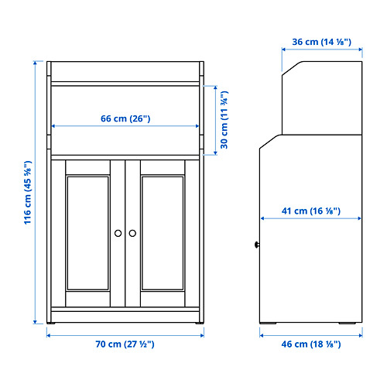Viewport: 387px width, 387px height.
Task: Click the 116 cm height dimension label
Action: click(x=29, y=192)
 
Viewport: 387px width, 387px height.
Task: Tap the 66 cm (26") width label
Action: click(x=125, y=118)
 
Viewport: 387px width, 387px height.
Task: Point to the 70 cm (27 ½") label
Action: click(x=125, y=346)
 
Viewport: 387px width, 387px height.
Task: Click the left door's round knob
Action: click(x=118, y=232)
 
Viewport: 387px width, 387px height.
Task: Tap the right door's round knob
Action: click(x=132, y=232)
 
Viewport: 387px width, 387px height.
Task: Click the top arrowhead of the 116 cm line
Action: click(x=37, y=62)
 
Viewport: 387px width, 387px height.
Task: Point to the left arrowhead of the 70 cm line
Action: click(x=48, y=334)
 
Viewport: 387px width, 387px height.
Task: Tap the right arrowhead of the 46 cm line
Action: click(x=361, y=334)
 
